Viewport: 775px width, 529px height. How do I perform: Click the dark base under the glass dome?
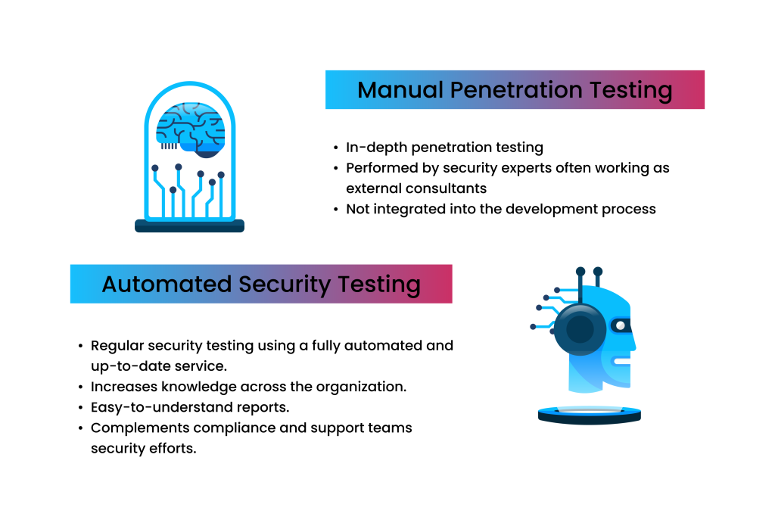tap(189, 226)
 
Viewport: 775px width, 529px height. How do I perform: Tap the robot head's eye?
tap(621, 325)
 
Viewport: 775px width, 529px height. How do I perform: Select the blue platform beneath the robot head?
tap(589, 413)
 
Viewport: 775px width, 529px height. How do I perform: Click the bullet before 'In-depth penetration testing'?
tap(335, 148)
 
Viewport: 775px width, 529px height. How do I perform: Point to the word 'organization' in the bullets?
tap(359, 387)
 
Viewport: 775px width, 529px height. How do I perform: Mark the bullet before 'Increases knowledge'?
tap(80, 387)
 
